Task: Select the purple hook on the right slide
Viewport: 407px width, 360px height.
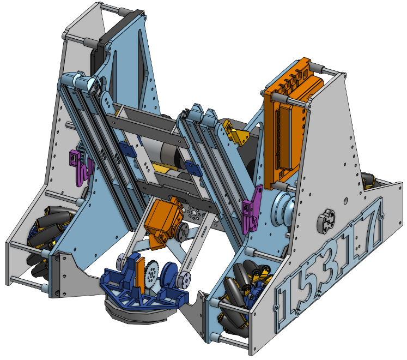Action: [251, 209]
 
